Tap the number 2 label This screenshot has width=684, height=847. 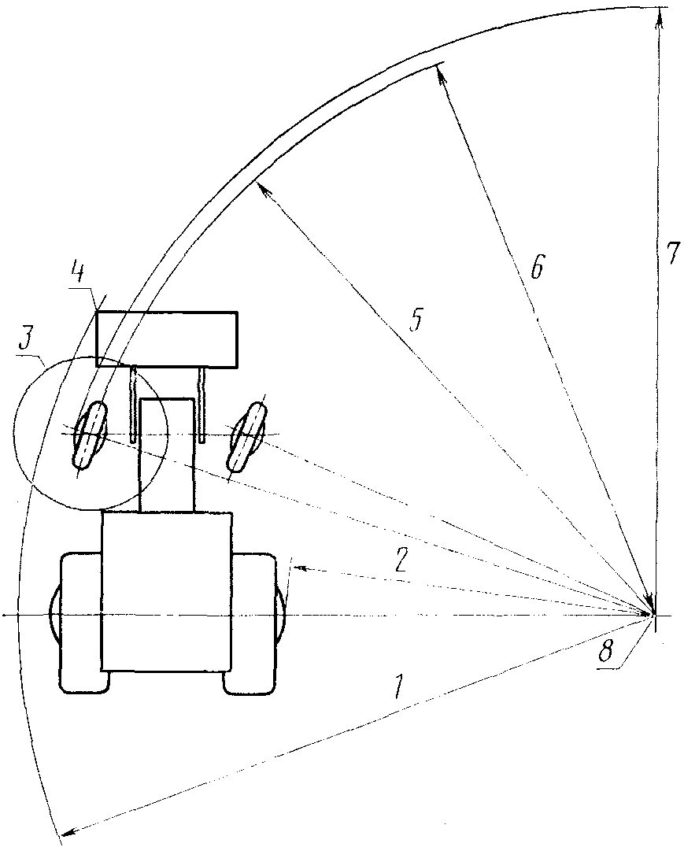tap(401, 560)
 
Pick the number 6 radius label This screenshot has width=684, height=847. tap(535, 267)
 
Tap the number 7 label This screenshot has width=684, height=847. tap(671, 253)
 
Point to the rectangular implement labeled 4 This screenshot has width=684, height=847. tap(167, 338)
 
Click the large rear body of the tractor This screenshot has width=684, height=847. tap(167, 590)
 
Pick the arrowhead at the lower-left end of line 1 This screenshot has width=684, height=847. tap(66, 829)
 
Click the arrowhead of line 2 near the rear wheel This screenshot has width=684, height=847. tap(298, 566)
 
